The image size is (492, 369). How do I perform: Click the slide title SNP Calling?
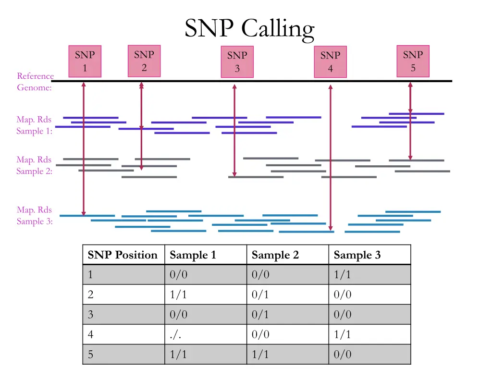click(249, 29)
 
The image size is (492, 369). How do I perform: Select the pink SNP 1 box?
click(85, 61)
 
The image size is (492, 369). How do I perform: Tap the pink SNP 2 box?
click(144, 61)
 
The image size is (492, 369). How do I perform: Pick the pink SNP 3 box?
click(237, 62)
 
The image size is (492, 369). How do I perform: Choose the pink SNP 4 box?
click(330, 62)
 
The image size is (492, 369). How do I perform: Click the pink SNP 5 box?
click(413, 61)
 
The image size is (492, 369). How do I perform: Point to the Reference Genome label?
click(35, 82)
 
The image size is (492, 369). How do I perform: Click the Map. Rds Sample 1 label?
click(34, 125)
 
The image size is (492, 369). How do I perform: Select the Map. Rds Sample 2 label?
click(34, 165)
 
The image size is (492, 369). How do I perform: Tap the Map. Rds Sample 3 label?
click(34, 216)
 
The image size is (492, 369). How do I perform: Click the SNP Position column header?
click(123, 255)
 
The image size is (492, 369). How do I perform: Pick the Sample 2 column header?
click(275, 255)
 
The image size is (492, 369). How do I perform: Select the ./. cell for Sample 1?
click(175, 334)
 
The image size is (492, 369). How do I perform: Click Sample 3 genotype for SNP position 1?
click(342, 275)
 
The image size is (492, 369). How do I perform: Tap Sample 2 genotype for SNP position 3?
click(260, 315)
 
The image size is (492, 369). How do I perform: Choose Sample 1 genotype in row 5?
click(178, 355)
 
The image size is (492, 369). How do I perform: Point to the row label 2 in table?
click(90, 295)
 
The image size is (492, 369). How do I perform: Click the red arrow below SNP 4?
click(331, 159)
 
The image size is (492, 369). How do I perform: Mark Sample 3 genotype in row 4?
click(342, 334)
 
